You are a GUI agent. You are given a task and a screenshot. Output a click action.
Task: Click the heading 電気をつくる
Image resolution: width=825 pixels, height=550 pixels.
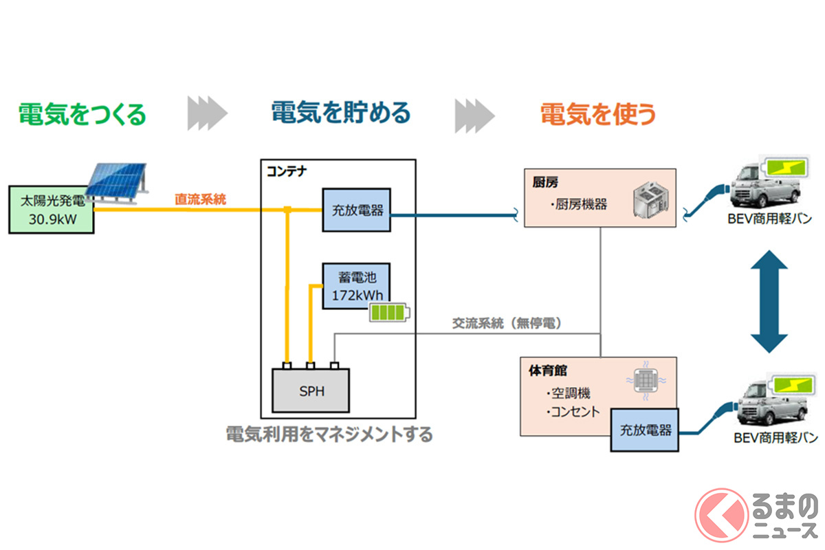pyautogui.click(x=82, y=114)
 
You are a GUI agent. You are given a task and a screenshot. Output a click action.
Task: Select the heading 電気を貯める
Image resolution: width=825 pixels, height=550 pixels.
pyautogui.click(x=340, y=112)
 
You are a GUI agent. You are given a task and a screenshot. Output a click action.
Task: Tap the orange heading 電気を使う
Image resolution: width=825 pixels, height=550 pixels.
pyautogui.click(x=597, y=114)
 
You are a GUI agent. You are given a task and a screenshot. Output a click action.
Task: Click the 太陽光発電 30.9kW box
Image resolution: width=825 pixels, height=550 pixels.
pyautogui.click(x=52, y=210)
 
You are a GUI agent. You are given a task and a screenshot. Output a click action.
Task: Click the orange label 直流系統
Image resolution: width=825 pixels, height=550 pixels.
pyautogui.click(x=200, y=199)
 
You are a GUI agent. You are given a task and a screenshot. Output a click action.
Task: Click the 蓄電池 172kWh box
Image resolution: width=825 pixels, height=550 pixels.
pyautogui.click(x=356, y=286)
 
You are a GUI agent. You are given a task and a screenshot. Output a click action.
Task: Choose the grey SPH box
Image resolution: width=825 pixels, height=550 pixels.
pyautogui.click(x=311, y=391)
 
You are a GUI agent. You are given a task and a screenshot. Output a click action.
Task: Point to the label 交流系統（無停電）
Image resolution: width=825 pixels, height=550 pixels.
pyautogui.click(x=505, y=323)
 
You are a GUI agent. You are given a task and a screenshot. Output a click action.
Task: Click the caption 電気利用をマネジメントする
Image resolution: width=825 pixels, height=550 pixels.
pyautogui.click(x=329, y=434)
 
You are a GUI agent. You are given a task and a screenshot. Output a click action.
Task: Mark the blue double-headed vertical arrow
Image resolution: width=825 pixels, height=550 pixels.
pyautogui.click(x=769, y=302)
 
